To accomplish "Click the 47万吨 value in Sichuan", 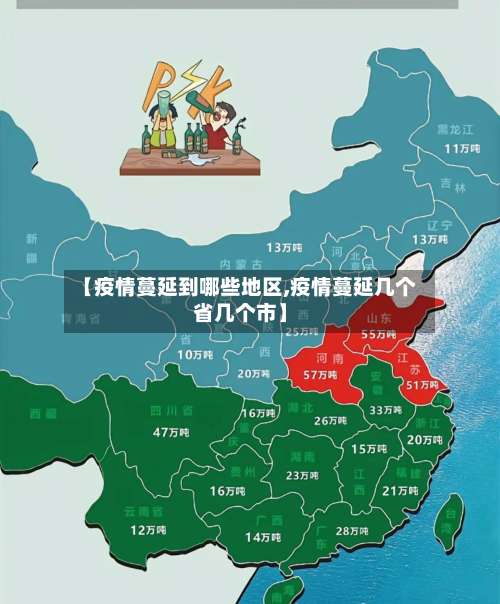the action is click(x=170, y=432).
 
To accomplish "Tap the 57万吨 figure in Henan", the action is click(x=319, y=374).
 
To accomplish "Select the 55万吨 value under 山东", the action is click(x=378, y=334).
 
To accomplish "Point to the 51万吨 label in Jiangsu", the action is click(x=422, y=384).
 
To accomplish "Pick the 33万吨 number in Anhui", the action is click(x=385, y=410).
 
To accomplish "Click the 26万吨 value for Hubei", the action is click(x=330, y=421).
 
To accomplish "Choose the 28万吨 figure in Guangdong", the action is click(x=352, y=531).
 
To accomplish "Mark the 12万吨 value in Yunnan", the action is click(x=148, y=529).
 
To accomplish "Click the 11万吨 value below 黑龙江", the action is click(x=461, y=148).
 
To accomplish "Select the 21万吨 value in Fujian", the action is click(x=400, y=490).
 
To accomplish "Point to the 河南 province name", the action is click(x=330, y=357).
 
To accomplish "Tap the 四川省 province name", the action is click(x=171, y=411).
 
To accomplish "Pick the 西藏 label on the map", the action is click(x=43, y=413).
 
